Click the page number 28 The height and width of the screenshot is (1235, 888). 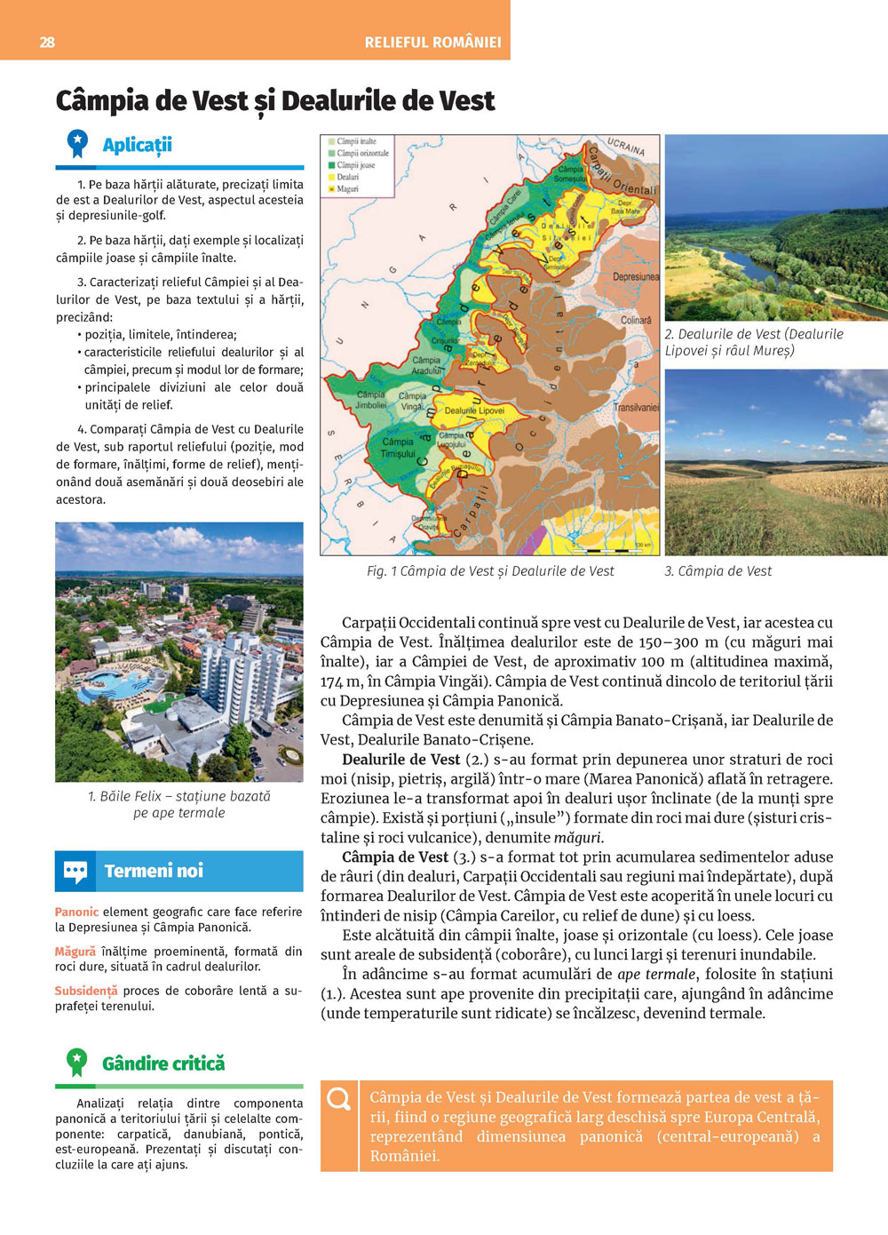47,42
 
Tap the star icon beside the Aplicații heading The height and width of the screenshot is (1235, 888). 77,143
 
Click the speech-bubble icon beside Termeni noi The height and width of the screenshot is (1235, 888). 75,871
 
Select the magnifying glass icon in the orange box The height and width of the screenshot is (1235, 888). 338,1100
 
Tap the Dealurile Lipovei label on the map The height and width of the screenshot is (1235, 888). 474,410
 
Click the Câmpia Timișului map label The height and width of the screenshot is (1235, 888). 399,447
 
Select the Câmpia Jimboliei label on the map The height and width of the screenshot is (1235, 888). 370,399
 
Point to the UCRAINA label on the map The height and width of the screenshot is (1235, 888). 626,146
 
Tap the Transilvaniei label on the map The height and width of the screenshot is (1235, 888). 636,407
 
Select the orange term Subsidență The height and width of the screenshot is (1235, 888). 85,991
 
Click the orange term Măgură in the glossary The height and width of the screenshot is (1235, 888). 75,952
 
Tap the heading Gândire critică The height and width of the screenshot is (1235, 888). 163,1064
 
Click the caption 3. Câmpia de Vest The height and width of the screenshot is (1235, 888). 718,571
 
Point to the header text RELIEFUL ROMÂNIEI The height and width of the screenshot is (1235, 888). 432,42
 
